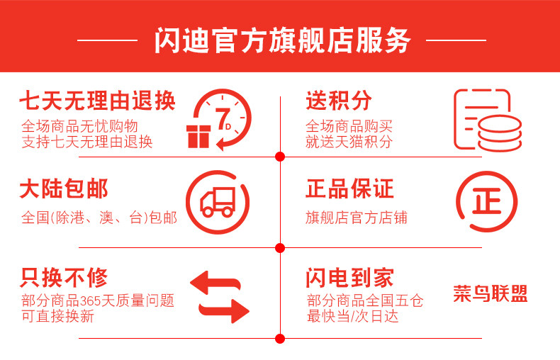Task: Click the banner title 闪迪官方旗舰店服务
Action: [282, 41]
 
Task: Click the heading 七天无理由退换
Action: [97, 102]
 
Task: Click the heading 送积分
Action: [339, 101]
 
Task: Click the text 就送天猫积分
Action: [349, 142]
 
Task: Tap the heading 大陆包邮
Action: [64, 190]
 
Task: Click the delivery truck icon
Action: [218, 203]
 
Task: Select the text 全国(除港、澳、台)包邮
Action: [99, 218]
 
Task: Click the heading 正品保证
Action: [349, 190]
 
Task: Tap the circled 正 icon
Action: [486, 203]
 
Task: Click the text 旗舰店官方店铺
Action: [357, 218]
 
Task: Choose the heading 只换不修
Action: [64, 277]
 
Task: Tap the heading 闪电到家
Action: [349, 277]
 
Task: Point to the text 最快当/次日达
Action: [352, 316]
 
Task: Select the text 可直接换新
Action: [57, 316]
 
